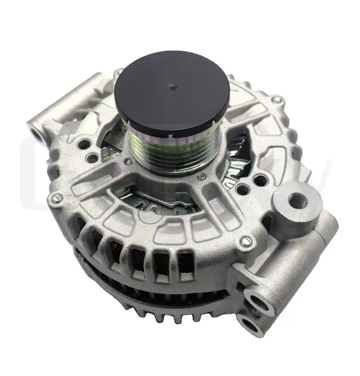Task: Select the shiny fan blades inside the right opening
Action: point(238,155)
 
